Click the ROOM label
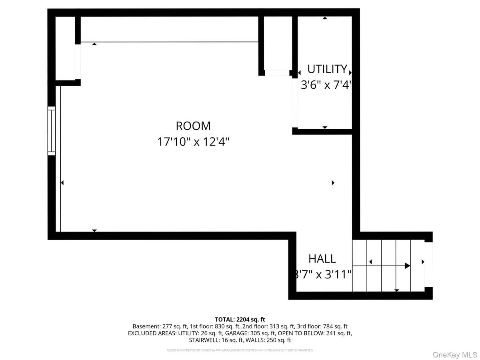click(x=193, y=126)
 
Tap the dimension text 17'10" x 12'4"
click(x=193, y=142)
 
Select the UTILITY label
click(x=327, y=69)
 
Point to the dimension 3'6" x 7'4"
click(x=326, y=85)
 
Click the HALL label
click(x=322, y=259)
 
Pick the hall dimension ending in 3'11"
click(x=322, y=275)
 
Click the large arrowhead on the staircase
click(x=407, y=266)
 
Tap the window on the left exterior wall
click(x=52, y=130)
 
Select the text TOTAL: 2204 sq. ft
click(x=240, y=319)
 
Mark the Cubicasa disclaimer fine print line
click(x=240, y=350)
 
